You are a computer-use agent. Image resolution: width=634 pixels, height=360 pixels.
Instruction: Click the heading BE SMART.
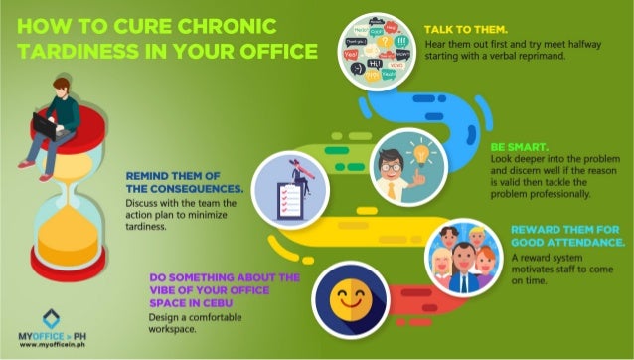516,144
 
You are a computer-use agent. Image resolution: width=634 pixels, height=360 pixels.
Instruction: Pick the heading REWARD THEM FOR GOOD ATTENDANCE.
567,235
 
